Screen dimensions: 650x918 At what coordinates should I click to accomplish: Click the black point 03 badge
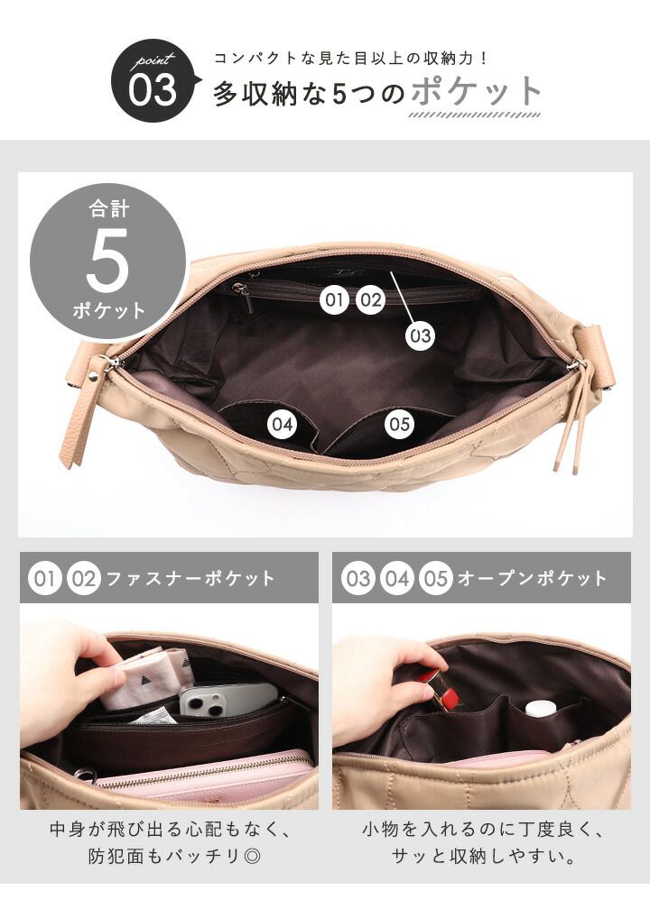click(153, 81)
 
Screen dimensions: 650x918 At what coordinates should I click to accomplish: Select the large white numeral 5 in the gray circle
click(107, 260)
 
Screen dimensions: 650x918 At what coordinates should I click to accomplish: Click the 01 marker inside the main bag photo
click(334, 299)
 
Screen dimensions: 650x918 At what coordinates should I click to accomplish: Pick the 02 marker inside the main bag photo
click(370, 299)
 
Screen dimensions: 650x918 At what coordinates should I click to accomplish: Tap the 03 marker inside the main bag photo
click(421, 336)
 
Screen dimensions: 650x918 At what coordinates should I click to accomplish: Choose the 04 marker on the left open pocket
click(282, 425)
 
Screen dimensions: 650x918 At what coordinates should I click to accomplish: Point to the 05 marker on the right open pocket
click(399, 425)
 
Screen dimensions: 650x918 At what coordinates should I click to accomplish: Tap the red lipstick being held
click(444, 690)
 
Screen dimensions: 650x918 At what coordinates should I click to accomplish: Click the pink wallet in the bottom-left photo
click(205, 777)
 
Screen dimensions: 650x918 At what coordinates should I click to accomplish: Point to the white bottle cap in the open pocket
click(540, 709)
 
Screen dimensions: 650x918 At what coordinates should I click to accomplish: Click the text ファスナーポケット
click(190, 578)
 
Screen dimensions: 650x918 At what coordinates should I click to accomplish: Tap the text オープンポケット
click(533, 578)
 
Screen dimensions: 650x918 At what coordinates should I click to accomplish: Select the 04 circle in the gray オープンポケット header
click(397, 578)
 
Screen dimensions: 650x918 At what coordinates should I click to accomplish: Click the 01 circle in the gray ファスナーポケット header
click(44, 578)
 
